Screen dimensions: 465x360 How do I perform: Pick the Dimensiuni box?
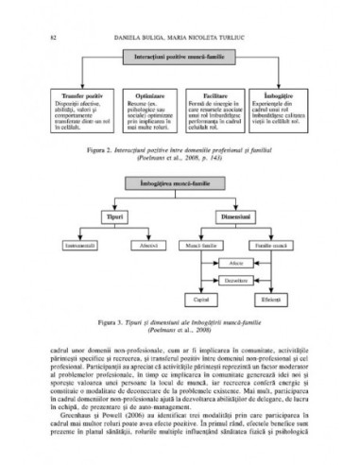click(x=239, y=218)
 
